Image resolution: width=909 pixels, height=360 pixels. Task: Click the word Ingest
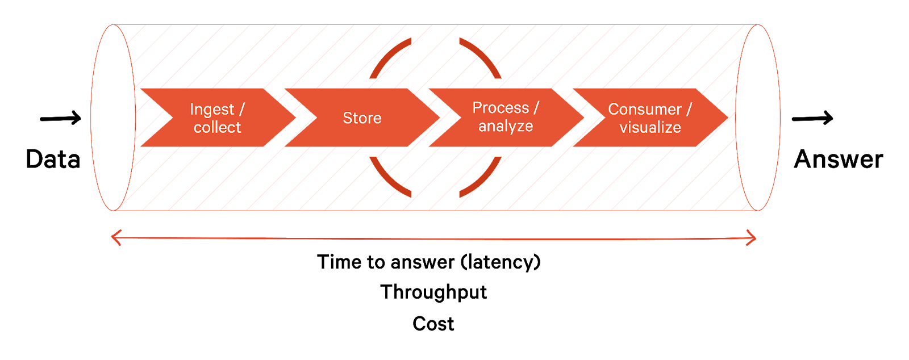coord(212,110)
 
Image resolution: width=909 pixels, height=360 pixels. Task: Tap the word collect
coord(217,128)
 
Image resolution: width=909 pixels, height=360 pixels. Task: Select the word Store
coord(362,118)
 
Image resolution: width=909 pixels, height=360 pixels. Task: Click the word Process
coord(501,108)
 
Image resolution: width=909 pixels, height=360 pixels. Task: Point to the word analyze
coord(506,126)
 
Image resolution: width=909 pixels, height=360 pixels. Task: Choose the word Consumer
coord(644,110)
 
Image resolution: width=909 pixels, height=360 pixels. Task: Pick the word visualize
coord(650,128)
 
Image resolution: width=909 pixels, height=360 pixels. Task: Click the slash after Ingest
coord(241,109)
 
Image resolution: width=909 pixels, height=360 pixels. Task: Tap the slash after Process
coord(536,107)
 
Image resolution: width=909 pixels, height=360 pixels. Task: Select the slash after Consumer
coord(689,109)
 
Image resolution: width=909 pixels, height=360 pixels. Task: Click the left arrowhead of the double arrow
coord(115,238)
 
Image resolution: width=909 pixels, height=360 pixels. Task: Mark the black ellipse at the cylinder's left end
coord(113,118)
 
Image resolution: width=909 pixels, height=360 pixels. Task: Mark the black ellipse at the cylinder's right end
coord(758,118)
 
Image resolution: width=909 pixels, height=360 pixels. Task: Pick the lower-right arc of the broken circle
coord(483,179)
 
